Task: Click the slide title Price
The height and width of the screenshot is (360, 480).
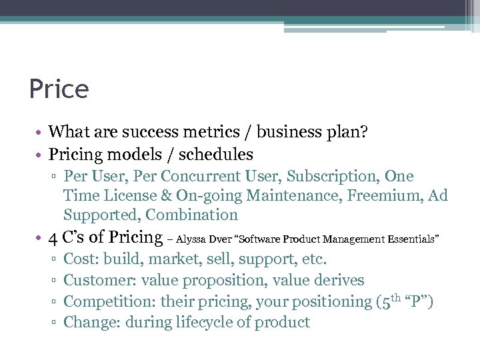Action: tap(59, 89)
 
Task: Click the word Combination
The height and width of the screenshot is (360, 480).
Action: tap(191, 215)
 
